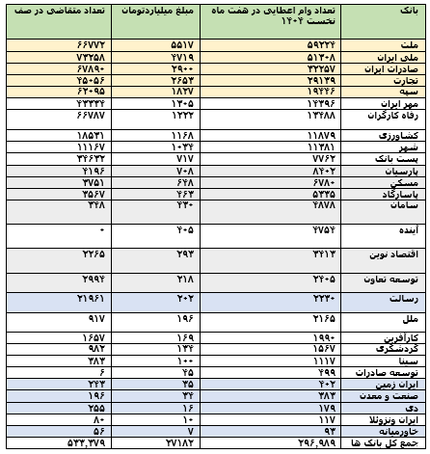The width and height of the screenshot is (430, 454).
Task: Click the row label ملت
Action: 411,45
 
